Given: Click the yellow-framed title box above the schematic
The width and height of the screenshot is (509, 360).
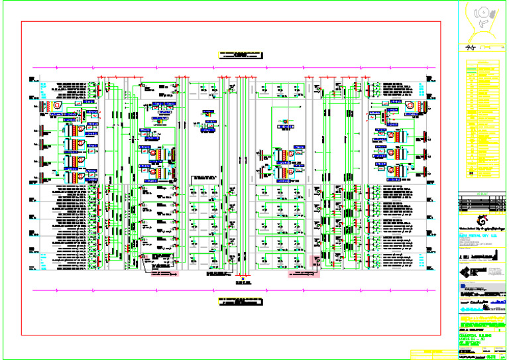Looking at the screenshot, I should (240, 54).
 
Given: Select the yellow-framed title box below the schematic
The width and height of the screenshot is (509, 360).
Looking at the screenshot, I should (240, 300).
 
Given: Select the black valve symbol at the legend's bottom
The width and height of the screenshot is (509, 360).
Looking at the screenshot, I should (471, 174).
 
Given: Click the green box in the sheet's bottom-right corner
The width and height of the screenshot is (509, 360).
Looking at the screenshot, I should (492, 357).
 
